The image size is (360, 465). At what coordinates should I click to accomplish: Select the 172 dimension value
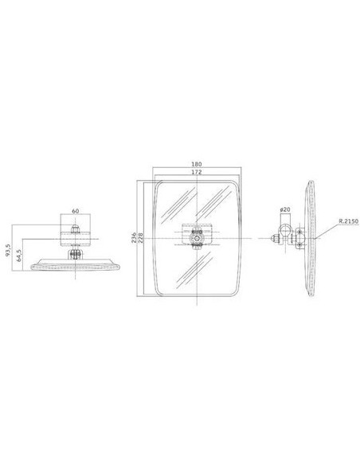(x=196, y=174)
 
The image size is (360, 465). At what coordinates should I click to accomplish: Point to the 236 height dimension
(x=133, y=239)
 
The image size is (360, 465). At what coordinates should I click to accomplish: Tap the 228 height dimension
(x=139, y=239)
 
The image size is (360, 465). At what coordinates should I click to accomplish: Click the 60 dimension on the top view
(x=76, y=211)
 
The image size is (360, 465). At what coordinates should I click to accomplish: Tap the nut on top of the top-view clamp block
(x=76, y=227)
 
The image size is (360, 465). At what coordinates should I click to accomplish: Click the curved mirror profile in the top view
(x=76, y=266)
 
